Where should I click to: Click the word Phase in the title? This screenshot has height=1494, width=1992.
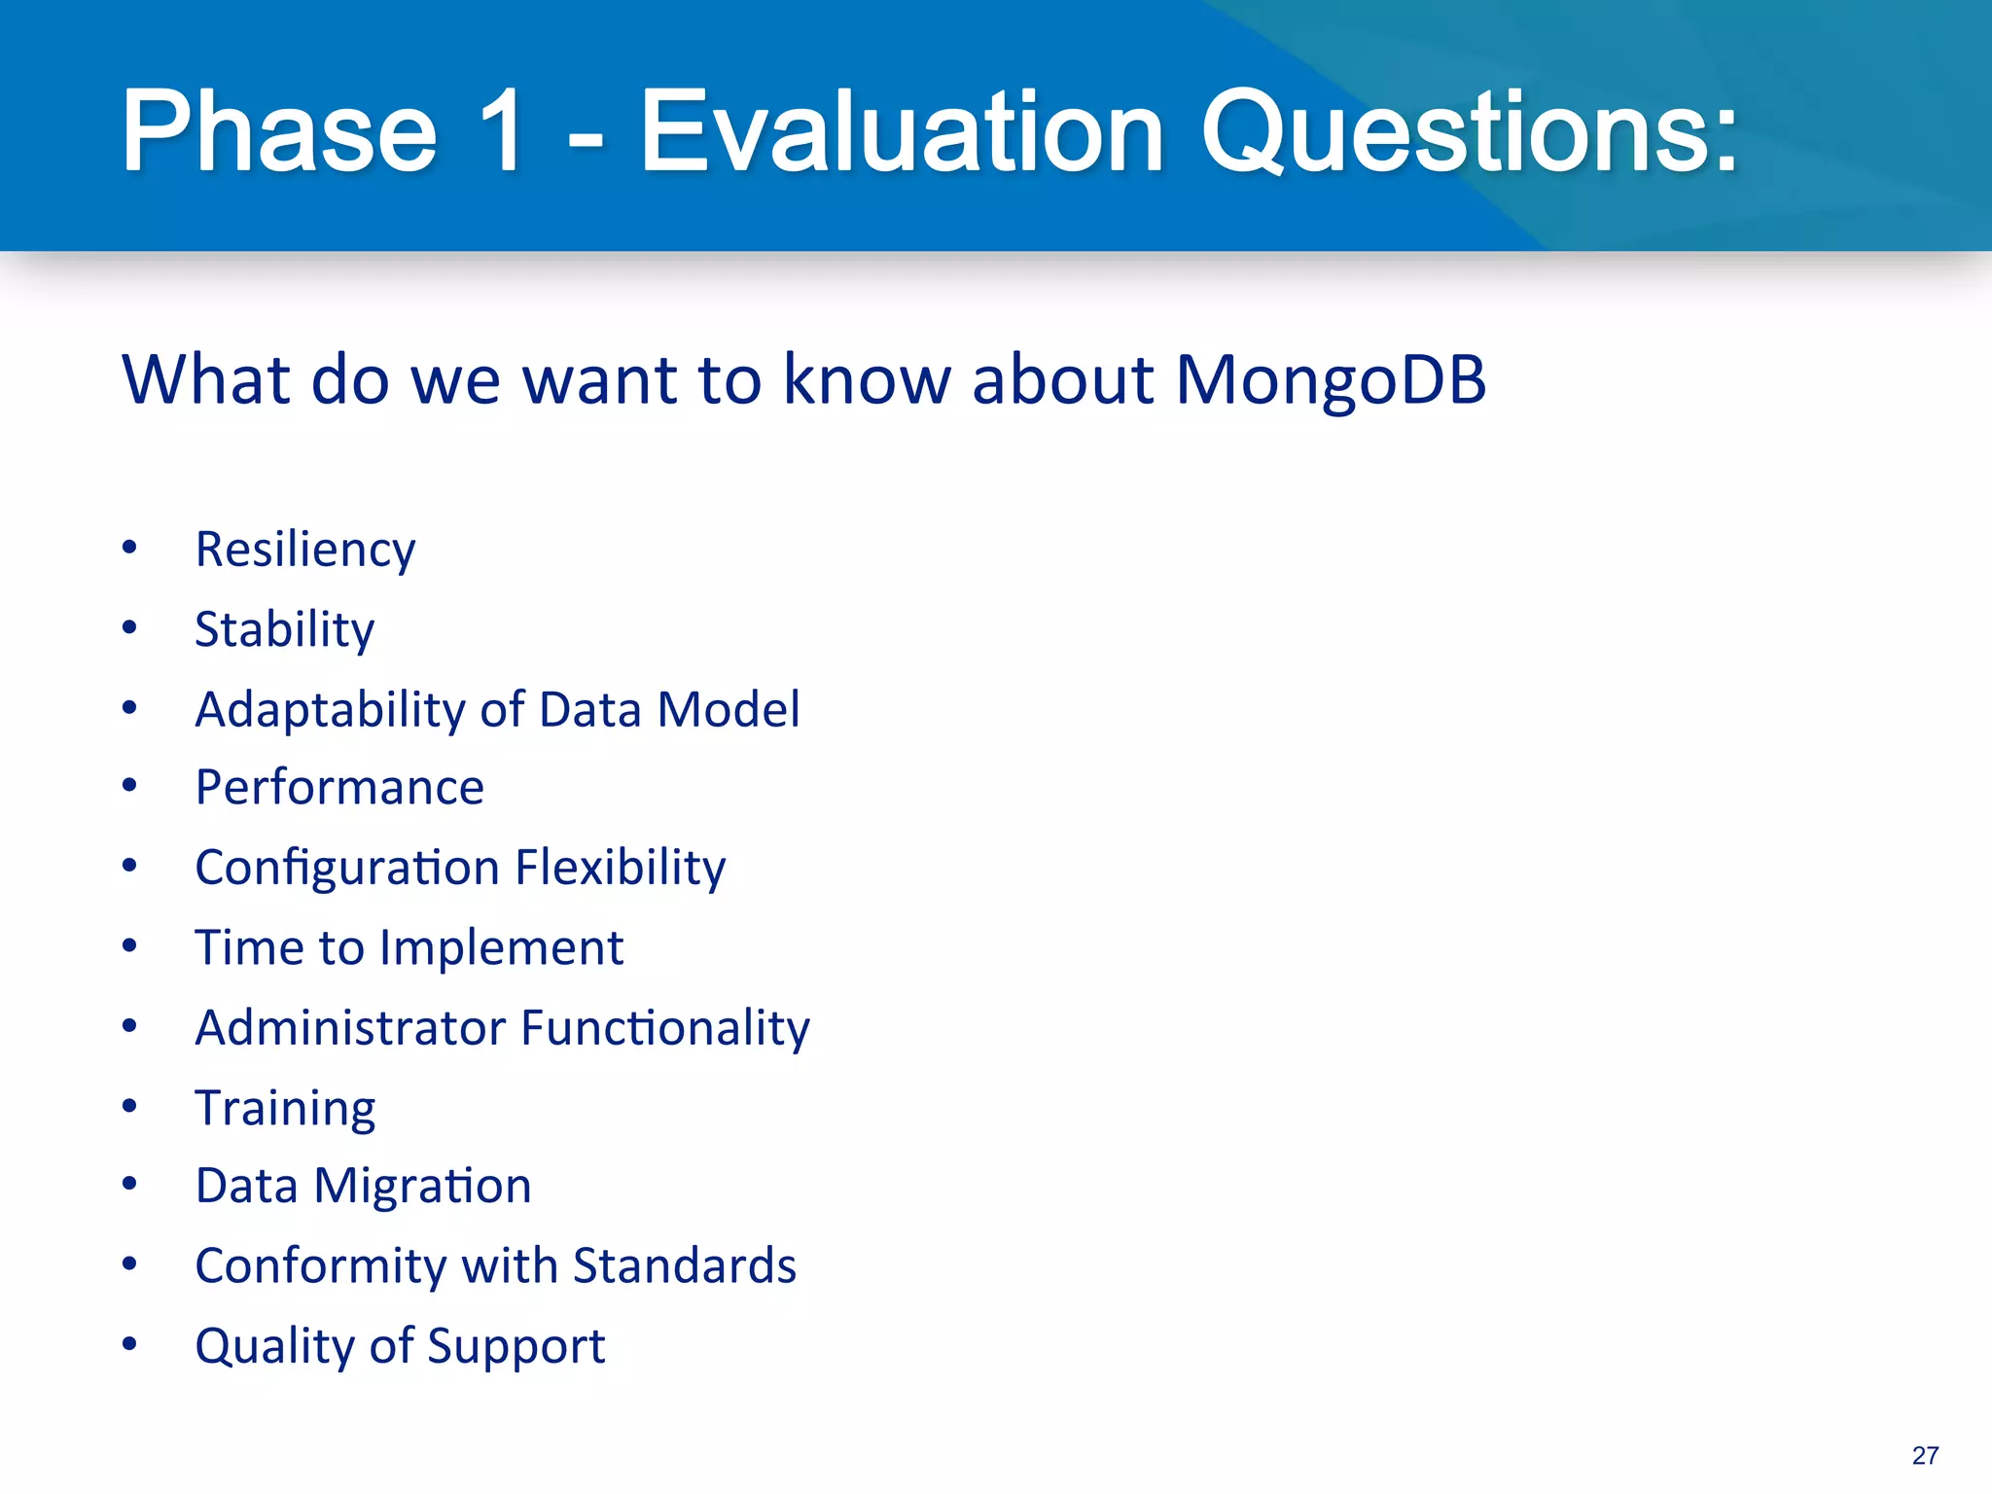[x=279, y=131]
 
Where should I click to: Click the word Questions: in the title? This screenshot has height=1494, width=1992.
[x=1469, y=131]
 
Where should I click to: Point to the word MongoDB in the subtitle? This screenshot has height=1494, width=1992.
[x=1331, y=379]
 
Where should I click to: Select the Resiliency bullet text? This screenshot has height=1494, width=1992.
[x=305, y=551]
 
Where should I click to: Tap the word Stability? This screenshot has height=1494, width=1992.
[x=284, y=630]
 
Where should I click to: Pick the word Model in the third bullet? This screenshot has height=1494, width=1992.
[x=729, y=710]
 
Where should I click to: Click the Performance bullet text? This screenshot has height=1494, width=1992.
[x=339, y=788]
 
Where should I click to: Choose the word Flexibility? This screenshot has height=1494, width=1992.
[x=620, y=868]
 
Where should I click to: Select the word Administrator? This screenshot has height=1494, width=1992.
[x=350, y=1028]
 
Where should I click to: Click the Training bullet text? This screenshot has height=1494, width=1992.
[x=285, y=1108]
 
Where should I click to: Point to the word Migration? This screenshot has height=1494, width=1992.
[x=422, y=1187]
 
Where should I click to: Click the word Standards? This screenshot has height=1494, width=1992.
[x=685, y=1266]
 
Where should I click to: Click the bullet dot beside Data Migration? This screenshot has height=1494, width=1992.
[x=129, y=1185]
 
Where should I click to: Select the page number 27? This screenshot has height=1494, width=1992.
[x=1925, y=1455]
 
